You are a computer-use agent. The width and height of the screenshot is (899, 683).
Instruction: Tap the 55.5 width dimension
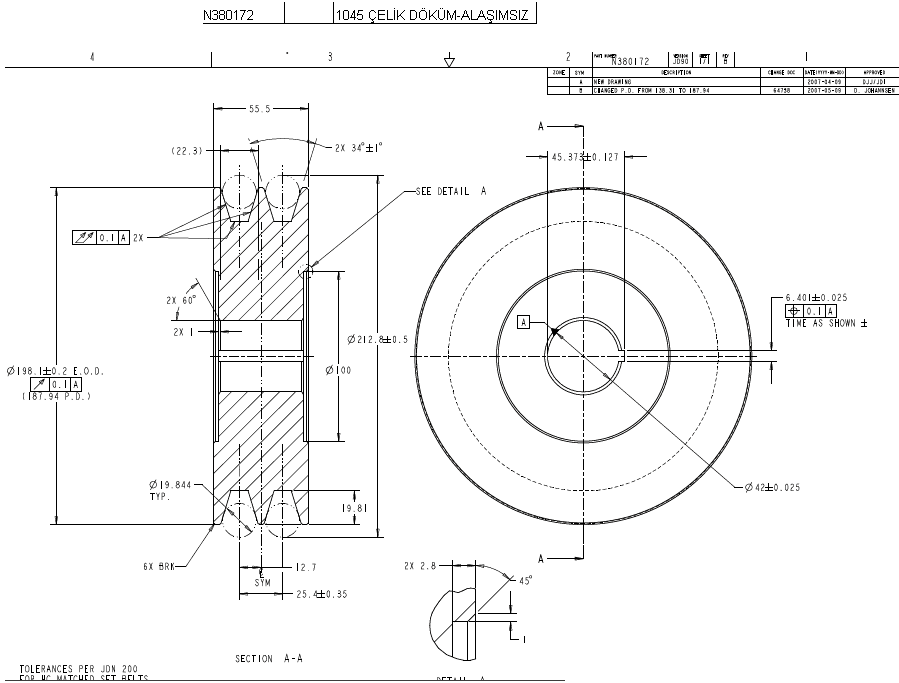point(261,108)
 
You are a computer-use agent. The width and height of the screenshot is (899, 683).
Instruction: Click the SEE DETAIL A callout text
point(450,190)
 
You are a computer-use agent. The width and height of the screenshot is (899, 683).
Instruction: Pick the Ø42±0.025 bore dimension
point(772,487)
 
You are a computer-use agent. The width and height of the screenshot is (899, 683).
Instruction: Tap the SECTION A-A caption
point(269,659)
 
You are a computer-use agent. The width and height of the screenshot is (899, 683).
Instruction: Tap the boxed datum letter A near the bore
point(522,321)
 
